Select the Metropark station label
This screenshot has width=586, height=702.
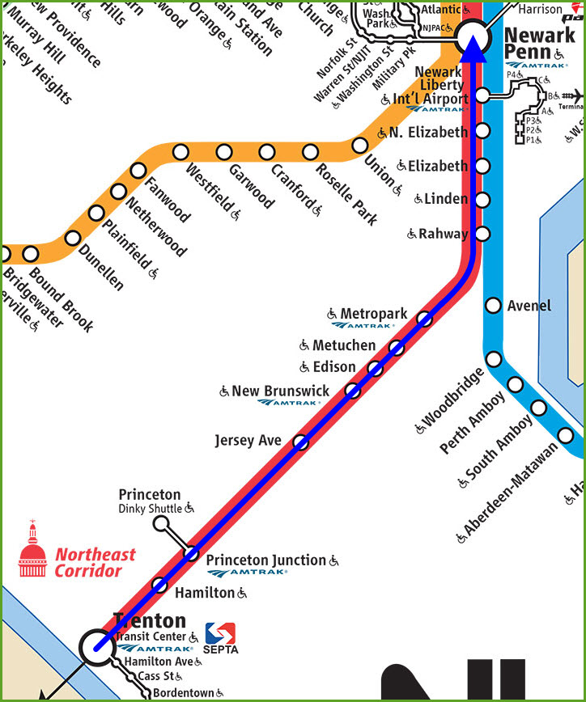pos(373,313)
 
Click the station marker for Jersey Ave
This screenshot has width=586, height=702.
pos(300,442)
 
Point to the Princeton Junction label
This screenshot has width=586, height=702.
pos(266,560)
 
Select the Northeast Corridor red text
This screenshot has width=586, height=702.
pos(95,563)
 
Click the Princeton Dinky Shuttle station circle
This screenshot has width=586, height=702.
pos(162,522)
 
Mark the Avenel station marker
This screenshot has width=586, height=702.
pos(493,305)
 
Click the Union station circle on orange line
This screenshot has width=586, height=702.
pos(359,146)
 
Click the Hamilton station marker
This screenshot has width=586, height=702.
pos(160,585)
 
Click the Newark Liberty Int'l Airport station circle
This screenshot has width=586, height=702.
pos(482,95)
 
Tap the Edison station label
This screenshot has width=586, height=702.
pos(334,366)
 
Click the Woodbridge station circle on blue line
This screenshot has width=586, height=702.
pos(494,358)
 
